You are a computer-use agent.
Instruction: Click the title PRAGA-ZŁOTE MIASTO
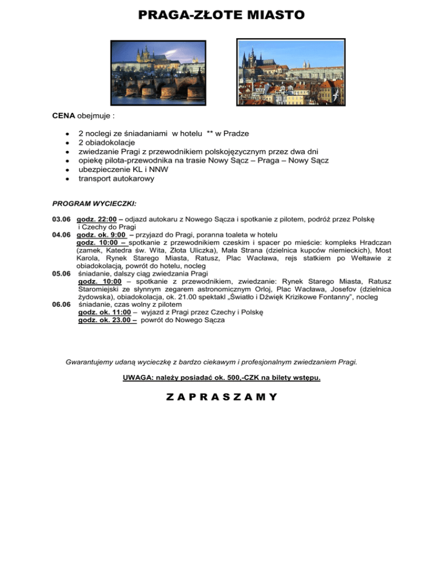221,14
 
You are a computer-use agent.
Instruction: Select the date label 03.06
61,219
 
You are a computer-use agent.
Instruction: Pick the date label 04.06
61,234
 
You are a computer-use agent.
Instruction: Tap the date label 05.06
61,273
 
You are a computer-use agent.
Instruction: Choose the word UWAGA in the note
136,377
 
